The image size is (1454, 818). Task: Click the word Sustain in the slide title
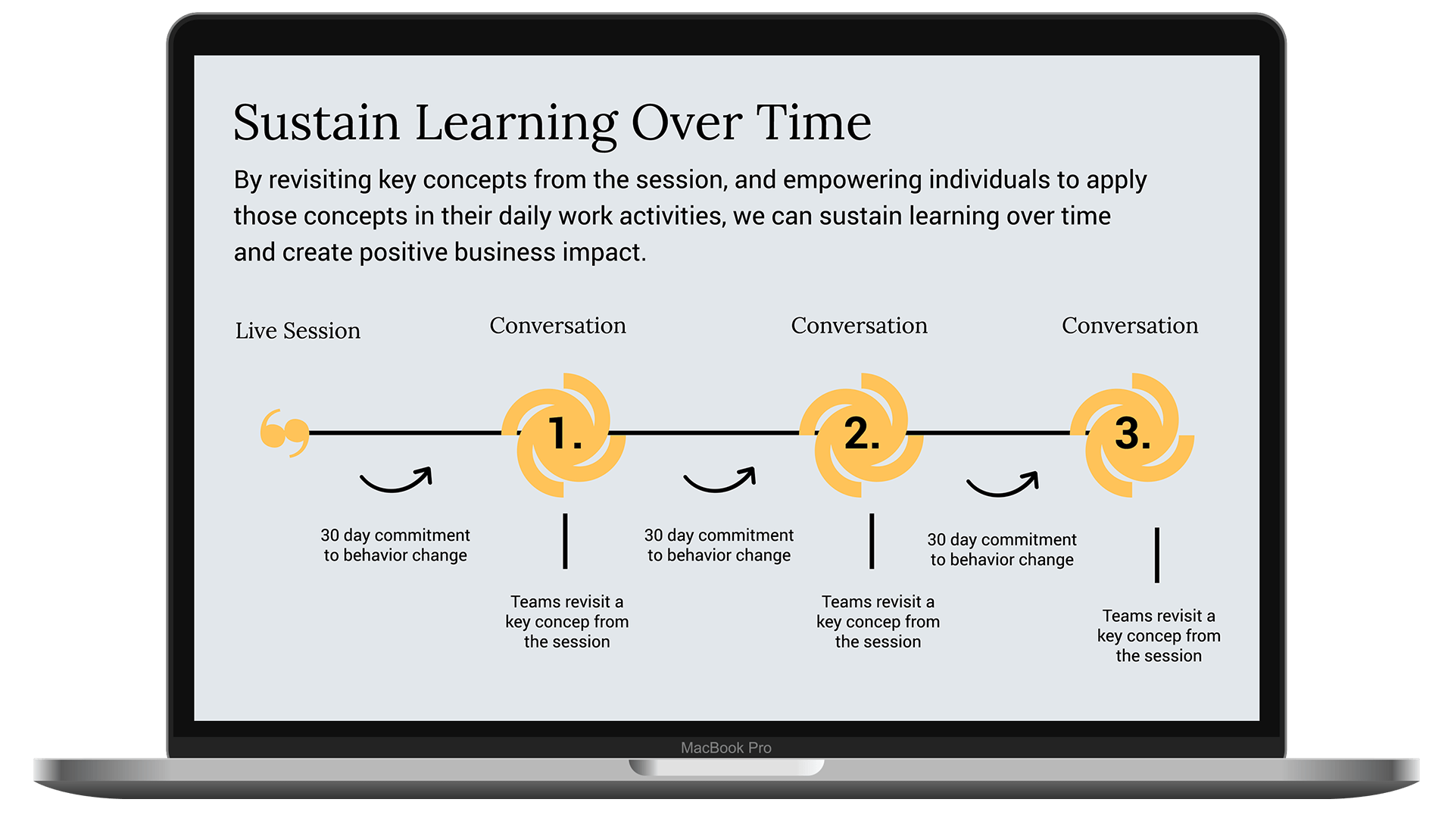tap(317, 122)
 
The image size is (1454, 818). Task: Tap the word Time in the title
tap(814, 122)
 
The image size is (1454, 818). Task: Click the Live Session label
tap(298, 331)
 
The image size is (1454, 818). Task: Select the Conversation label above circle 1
tap(558, 326)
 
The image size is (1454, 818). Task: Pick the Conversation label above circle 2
tap(860, 326)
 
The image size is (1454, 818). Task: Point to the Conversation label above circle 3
tap(1130, 326)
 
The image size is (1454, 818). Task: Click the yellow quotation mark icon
tap(285, 432)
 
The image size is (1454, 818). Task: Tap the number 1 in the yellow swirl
tap(564, 434)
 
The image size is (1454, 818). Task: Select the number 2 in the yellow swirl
tap(862, 434)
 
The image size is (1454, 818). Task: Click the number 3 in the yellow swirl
tap(1132, 434)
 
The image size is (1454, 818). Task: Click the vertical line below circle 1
tap(565, 541)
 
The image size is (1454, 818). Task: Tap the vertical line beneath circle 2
tap(872, 541)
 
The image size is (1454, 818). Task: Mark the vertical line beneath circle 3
tap(1157, 555)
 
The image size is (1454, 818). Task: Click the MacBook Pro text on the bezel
tap(726, 748)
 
